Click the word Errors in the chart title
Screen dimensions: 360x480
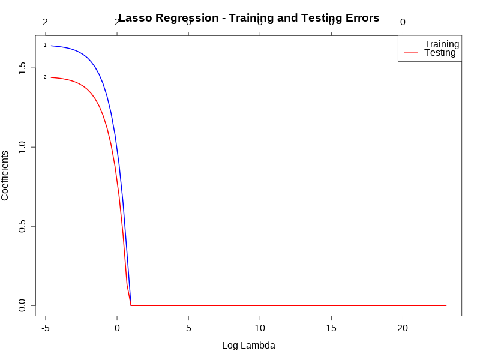tap(360, 18)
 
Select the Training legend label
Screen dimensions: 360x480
tap(441, 44)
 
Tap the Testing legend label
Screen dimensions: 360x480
tap(439, 53)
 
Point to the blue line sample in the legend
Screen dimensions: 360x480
tap(410, 44)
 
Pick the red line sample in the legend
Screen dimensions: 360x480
tap(410, 53)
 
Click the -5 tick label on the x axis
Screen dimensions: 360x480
tap(45, 328)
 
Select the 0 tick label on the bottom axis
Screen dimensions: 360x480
tap(117, 328)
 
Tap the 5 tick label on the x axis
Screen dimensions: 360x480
tap(188, 328)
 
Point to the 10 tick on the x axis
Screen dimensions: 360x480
tap(260, 328)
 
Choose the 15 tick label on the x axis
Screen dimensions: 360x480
tap(331, 328)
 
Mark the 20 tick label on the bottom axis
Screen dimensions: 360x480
tap(403, 328)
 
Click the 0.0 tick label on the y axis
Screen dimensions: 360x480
tap(22, 306)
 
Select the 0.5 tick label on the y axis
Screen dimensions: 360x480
tap(22, 226)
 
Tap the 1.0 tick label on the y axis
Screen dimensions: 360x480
tap(22, 147)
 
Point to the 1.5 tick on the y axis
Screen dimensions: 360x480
tap(22, 67)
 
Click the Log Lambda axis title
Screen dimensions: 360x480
tap(248, 346)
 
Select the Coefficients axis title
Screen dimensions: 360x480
tap(5, 175)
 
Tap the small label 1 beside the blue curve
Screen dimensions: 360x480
tap(45, 45)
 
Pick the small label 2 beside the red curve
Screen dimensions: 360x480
tap(45, 77)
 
